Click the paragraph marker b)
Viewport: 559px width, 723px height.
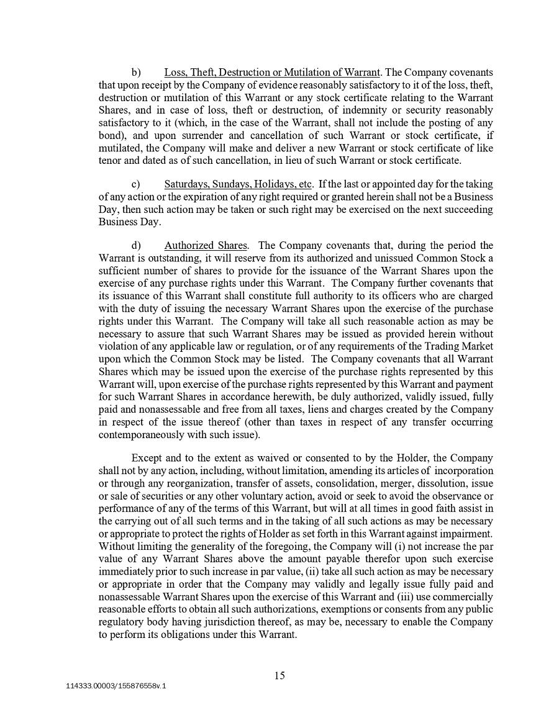[x=136, y=72]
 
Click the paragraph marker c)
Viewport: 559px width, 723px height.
[x=136, y=184]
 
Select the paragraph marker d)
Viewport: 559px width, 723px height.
[x=136, y=246]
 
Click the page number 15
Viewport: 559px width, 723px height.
[x=279, y=676]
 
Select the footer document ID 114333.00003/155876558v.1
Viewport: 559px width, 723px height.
[x=116, y=686]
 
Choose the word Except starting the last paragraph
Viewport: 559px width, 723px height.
[x=147, y=459]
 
